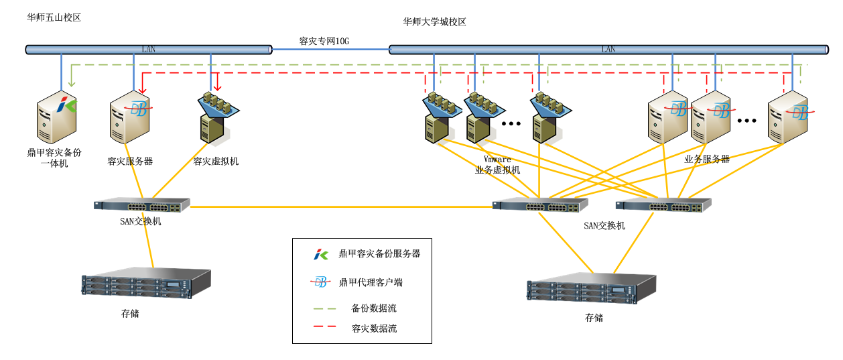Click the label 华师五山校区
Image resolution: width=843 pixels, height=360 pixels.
tap(54, 17)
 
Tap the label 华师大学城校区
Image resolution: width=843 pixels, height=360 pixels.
tap(434, 21)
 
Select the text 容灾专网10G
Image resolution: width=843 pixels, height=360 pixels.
tap(324, 41)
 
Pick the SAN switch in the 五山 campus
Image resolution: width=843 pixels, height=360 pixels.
tap(142, 205)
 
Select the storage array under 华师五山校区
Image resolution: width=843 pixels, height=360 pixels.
tap(146, 284)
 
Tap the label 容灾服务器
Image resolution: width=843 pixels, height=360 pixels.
tap(130, 161)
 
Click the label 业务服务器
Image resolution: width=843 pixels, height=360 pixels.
tap(706, 159)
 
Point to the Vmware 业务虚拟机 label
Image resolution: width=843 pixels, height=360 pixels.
tap(497, 165)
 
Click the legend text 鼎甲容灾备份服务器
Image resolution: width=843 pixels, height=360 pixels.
tap(379, 253)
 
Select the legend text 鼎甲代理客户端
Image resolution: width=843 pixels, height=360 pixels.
tap(371, 282)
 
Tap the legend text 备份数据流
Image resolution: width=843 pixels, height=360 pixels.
tap(374, 308)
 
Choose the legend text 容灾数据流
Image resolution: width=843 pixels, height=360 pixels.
tap(374, 328)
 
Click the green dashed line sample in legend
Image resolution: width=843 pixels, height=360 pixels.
tap(324, 308)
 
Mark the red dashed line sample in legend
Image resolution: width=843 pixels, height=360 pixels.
tap(324, 328)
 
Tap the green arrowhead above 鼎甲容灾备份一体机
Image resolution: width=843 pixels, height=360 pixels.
tap(71, 84)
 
